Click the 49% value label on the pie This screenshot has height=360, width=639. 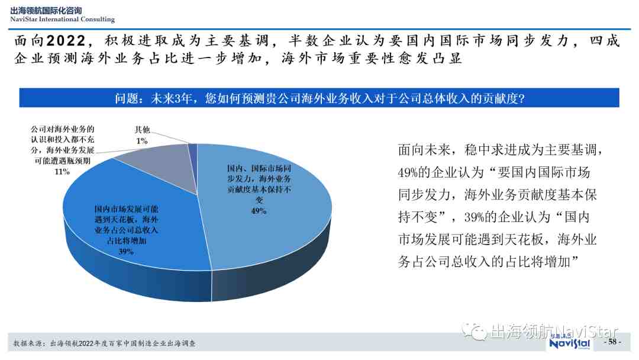(x=259, y=211)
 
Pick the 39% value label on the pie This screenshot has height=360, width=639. (x=126, y=252)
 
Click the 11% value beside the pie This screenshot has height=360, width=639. (x=62, y=172)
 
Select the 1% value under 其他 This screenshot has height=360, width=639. (x=142, y=141)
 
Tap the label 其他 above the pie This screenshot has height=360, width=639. (x=142, y=130)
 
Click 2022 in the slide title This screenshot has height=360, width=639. (x=66, y=41)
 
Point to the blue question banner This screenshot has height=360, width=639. (x=319, y=98)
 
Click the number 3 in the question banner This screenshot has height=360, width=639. (x=178, y=98)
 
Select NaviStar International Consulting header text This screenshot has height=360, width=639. (x=62, y=19)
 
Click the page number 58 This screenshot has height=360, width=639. (x=612, y=342)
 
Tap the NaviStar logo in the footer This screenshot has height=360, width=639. (x=570, y=342)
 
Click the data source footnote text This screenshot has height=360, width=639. (x=104, y=343)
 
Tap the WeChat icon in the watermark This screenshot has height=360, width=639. (x=474, y=331)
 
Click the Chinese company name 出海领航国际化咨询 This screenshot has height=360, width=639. (x=46, y=11)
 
